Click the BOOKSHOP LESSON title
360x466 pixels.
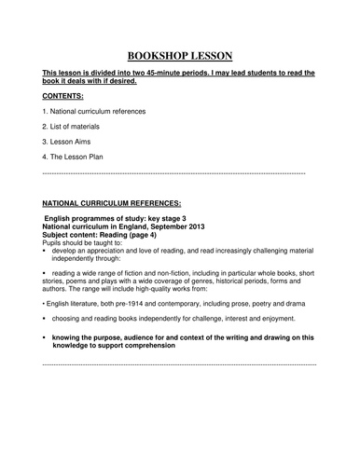coord(179,55)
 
